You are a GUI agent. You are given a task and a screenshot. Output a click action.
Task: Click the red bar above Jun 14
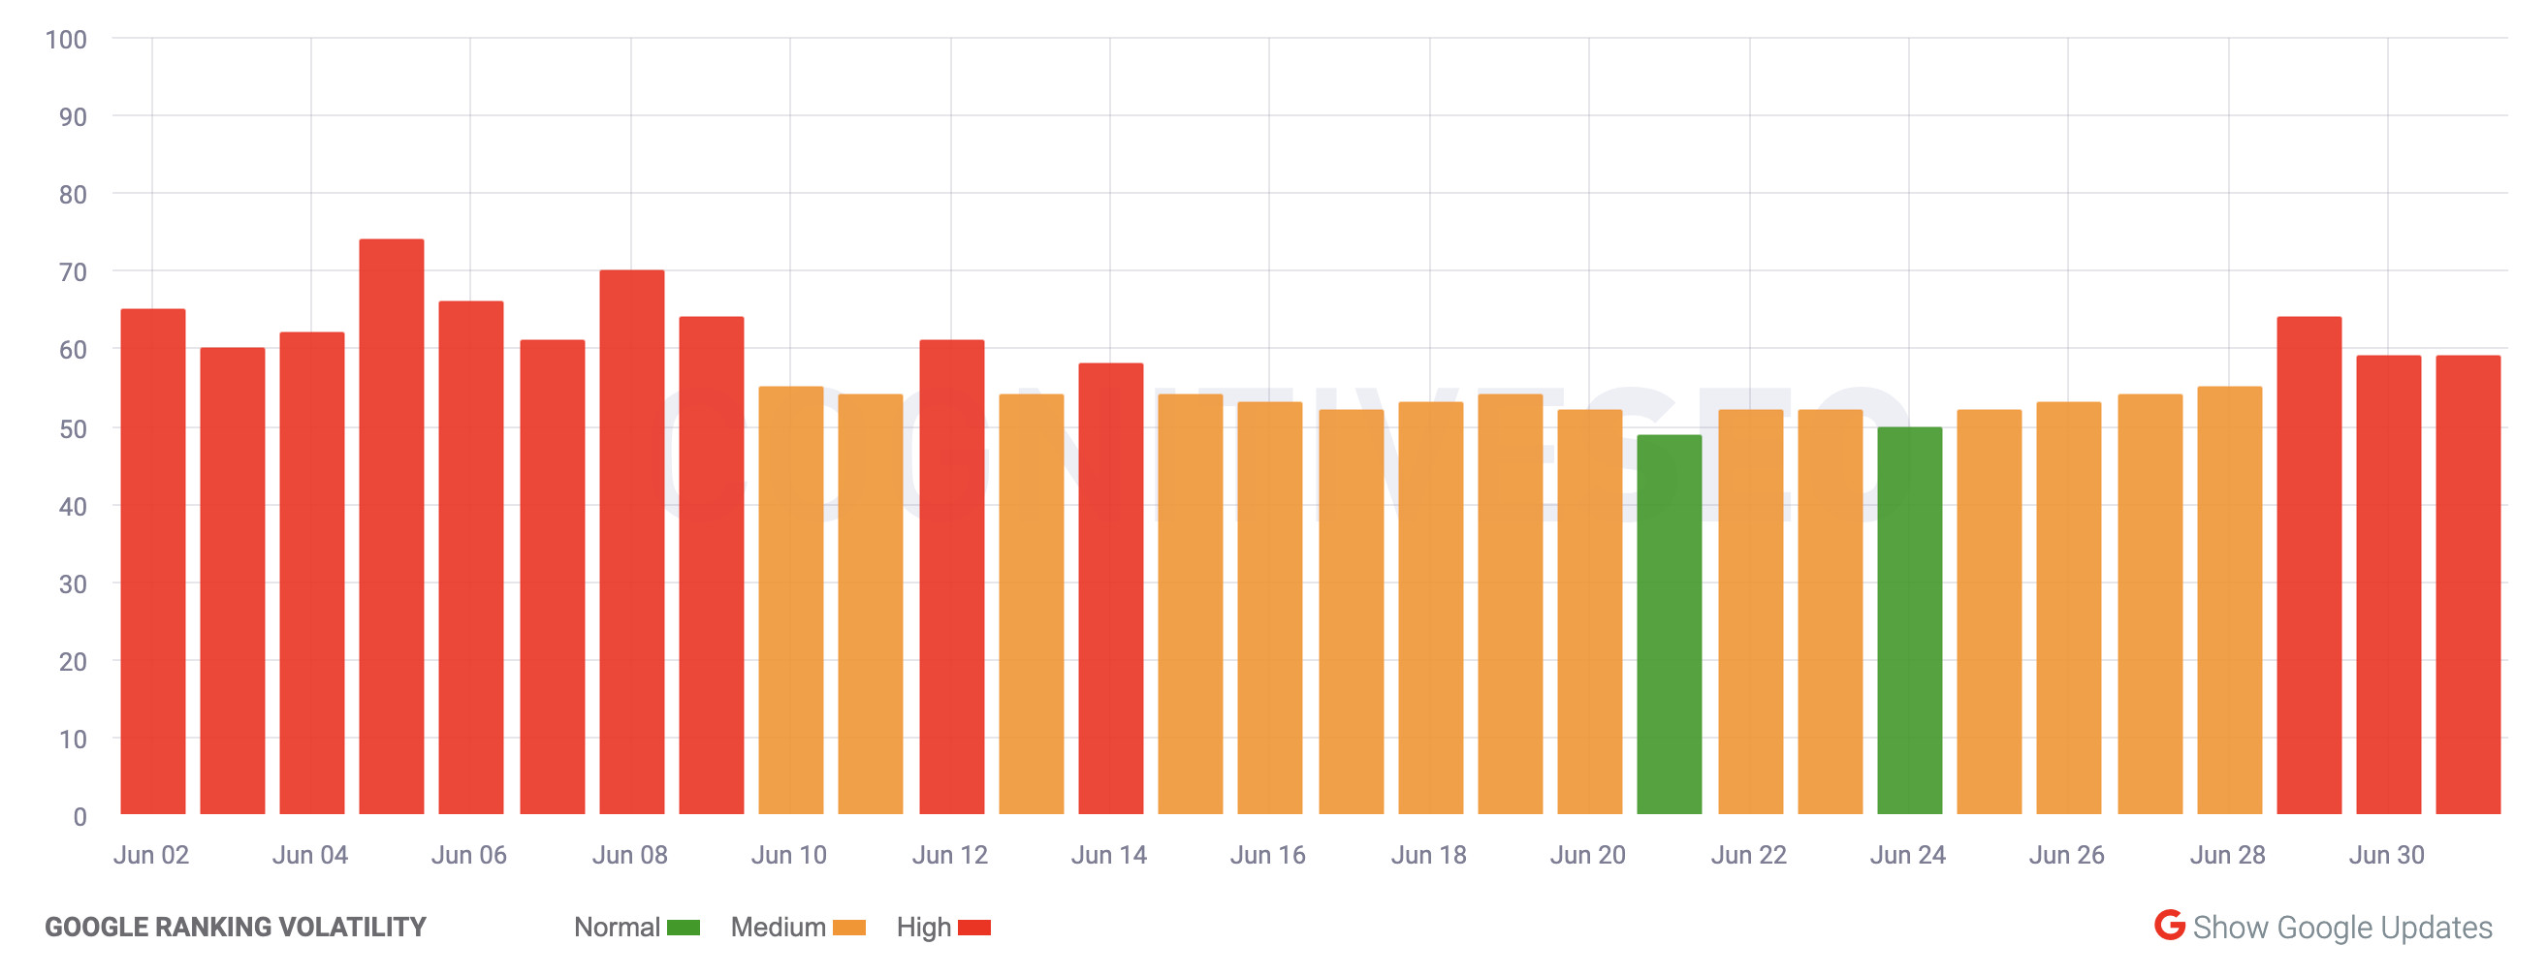click(x=1111, y=588)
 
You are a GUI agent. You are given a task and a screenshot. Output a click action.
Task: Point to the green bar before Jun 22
click(x=1670, y=624)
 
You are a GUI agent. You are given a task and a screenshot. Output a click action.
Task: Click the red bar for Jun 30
click(x=2389, y=584)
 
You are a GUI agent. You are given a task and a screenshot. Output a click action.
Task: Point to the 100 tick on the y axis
click(x=66, y=40)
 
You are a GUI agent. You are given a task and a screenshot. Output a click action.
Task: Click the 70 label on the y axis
click(x=72, y=272)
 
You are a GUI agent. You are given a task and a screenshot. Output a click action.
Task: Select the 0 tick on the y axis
click(x=80, y=817)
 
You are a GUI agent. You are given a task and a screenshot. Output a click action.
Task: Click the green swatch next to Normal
click(x=684, y=928)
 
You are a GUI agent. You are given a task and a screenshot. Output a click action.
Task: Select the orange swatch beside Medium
click(x=848, y=928)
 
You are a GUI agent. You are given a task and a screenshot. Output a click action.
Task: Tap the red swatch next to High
click(x=974, y=928)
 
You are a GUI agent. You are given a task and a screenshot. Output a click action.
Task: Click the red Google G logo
click(x=2169, y=926)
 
